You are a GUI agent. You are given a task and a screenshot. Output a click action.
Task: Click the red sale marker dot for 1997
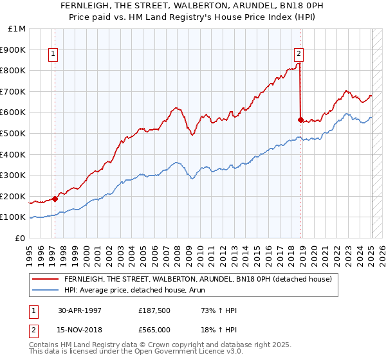[55, 199]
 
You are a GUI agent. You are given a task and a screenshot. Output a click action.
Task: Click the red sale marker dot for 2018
[300, 119]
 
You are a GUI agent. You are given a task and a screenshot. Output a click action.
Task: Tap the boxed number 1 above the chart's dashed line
[53, 55]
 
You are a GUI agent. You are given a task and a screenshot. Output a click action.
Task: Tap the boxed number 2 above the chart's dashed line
[299, 55]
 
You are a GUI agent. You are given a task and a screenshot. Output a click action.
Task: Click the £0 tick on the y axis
[21, 238]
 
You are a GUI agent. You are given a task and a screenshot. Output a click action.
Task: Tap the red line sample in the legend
[45, 279]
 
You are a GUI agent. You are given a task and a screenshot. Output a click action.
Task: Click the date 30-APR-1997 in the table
[80, 310]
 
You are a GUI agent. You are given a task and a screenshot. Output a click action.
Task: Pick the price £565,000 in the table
[154, 330]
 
